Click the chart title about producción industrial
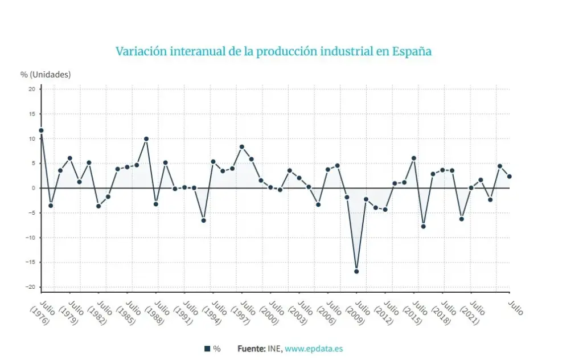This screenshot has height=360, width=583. click(273, 51)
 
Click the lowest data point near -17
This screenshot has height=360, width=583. click(356, 271)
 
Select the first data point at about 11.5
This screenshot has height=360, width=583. click(41, 130)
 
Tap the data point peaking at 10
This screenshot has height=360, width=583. click(146, 138)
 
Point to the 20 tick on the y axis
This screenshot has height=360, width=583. click(32, 89)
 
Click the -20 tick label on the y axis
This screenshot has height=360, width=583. click(31, 287)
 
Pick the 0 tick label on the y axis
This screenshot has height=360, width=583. click(33, 188)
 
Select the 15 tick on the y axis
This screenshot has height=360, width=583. click(32, 114)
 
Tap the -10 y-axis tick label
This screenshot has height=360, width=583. click(31, 238)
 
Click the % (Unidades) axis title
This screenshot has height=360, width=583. click(46, 74)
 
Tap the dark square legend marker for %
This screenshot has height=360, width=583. click(207, 349)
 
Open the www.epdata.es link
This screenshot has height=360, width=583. click(314, 349)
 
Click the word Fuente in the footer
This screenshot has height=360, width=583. click(251, 349)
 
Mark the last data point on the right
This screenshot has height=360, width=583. click(510, 177)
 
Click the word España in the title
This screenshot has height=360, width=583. click(412, 51)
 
